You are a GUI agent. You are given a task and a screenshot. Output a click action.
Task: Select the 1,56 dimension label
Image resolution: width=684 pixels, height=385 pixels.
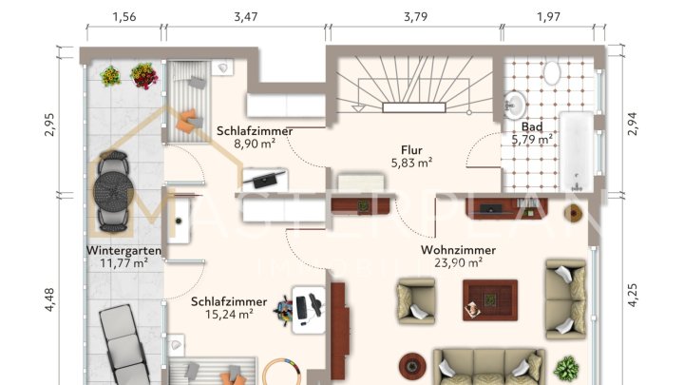click(123, 17)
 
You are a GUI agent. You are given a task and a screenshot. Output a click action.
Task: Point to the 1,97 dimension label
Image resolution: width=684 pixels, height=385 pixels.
click(554, 17)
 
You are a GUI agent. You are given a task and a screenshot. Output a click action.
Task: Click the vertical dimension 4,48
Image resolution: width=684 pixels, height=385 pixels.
click(51, 298)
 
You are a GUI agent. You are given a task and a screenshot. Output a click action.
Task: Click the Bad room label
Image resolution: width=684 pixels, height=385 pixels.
click(532, 126)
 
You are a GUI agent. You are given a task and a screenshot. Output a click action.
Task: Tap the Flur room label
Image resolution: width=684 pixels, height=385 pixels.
click(411, 149)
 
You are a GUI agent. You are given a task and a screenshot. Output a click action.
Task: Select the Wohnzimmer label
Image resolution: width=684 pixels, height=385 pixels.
click(459, 250)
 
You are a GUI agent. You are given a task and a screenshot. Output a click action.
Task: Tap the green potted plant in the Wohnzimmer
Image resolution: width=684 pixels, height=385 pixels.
click(568, 368)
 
